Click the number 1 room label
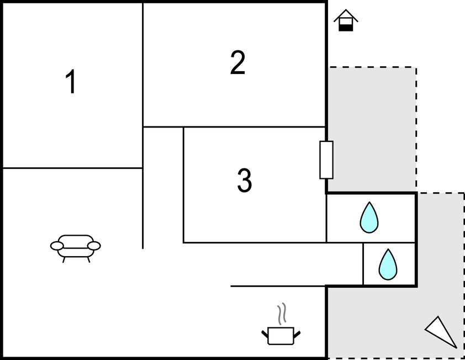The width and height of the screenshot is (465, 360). pos(71,83)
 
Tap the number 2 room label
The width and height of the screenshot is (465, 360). pos(237,63)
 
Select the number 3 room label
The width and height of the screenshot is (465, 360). pos(244,181)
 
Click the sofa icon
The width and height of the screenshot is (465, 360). pos(76,246)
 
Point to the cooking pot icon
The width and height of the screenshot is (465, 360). pos(281,335)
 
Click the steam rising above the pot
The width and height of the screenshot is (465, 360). pos(282,314)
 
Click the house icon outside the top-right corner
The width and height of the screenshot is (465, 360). pos(346,20)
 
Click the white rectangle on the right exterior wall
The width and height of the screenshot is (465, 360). pos(326,160)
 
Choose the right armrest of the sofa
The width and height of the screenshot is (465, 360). pos(94,246)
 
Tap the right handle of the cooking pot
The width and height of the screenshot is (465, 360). pos(297,333)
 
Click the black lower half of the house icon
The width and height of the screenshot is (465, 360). pos(346,27)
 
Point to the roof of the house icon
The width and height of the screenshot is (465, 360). pos(346,15)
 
